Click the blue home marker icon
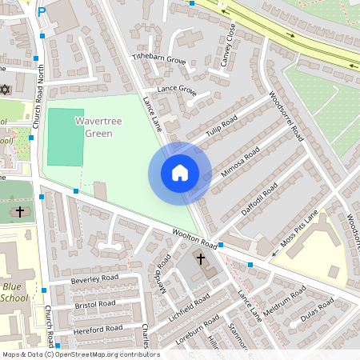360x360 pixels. (x=180, y=174)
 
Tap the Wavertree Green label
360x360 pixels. (x=105, y=126)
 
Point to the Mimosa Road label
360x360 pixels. (x=240, y=164)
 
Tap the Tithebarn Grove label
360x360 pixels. (x=158, y=60)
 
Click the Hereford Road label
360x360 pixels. (x=97, y=328)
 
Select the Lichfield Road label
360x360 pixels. (x=189, y=306)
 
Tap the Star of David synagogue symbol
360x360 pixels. (x=5, y=88)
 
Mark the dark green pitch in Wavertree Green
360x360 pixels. (x=65, y=137)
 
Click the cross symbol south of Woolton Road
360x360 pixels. (x=199, y=261)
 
